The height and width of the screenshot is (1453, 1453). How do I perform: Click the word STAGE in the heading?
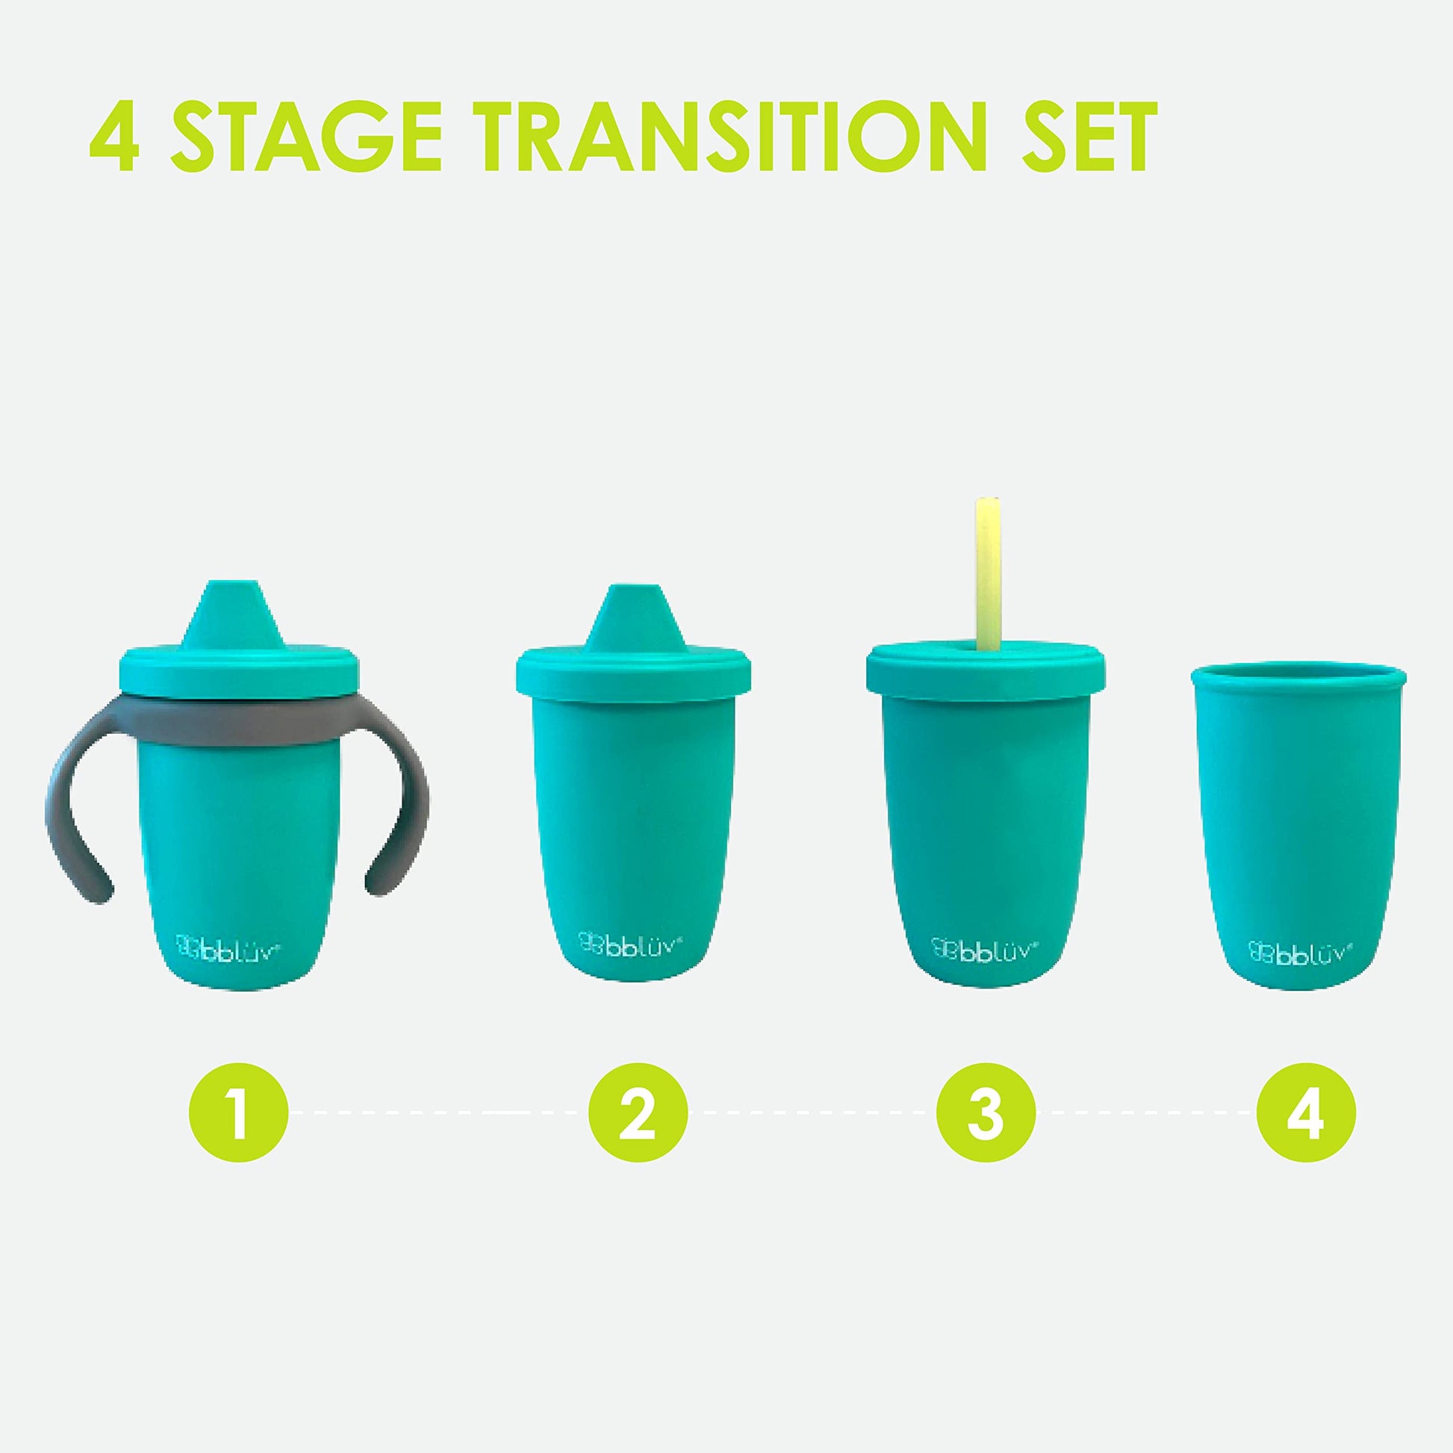pyautogui.click(x=308, y=137)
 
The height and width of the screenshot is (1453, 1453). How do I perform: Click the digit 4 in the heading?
pyautogui.click(x=114, y=137)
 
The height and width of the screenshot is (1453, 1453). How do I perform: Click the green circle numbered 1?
pyautogui.click(x=238, y=1113)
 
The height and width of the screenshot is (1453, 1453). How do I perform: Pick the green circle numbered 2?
pyautogui.click(x=638, y=1113)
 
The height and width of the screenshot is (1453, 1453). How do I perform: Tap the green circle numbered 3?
pyautogui.click(x=986, y=1113)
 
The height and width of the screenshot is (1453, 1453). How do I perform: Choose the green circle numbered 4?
pyautogui.click(x=1307, y=1113)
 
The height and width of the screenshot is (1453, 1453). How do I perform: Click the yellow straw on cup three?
pyautogui.click(x=987, y=573)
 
